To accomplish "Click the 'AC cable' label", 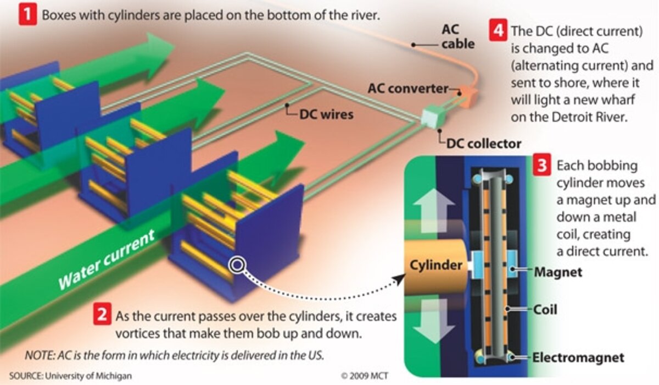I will (x=457, y=36).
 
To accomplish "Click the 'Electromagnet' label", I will (x=578, y=358).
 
